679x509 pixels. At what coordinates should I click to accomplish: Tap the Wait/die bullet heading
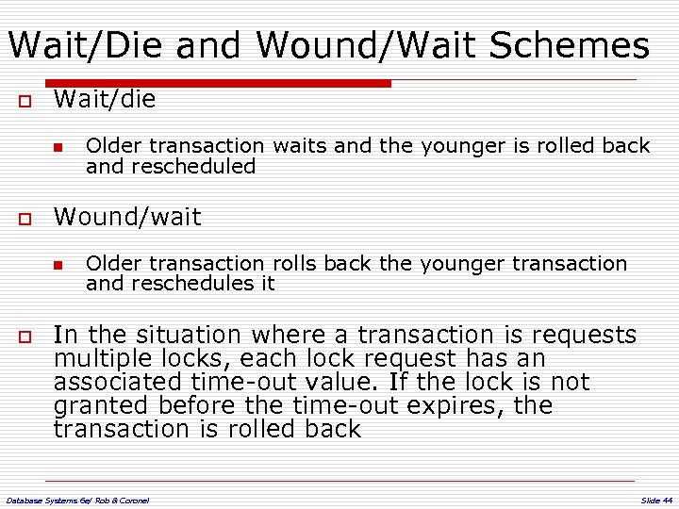[x=105, y=99]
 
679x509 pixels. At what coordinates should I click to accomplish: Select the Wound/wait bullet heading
[x=127, y=217]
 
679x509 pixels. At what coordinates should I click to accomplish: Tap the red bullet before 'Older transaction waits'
[x=58, y=147]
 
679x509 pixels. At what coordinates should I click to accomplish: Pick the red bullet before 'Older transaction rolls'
[x=58, y=265]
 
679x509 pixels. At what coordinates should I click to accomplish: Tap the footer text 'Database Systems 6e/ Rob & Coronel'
[x=77, y=499]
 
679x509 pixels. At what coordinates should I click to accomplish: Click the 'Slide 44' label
[x=655, y=499]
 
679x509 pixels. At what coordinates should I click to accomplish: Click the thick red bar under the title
[x=217, y=83]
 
